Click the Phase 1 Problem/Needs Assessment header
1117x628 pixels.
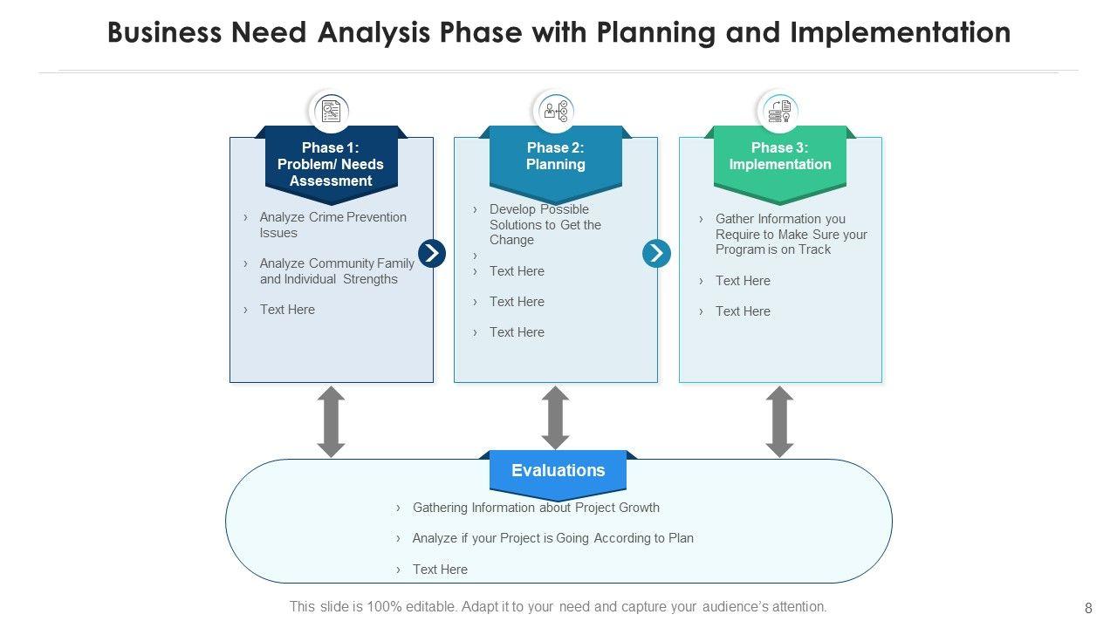click(x=331, y=164)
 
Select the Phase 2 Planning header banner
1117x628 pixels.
click(x=555, y=157)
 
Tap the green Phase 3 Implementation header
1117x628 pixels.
click(x=779, y=157)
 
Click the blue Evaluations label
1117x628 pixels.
click(x=558, y=471)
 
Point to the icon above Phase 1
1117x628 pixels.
click(x=331, y=111)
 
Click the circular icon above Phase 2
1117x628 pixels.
click(x=555, y=111)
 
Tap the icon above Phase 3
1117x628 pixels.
click(x=779, y=111)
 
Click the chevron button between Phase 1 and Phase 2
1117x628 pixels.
click(x=432, y=253)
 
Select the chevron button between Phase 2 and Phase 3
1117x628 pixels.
click(x=656, y=253)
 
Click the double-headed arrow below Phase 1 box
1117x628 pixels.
click(x=331, y=421)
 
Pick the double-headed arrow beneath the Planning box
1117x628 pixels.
click(x=555, y=419)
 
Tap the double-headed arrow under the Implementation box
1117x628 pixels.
click(x=779, y=421)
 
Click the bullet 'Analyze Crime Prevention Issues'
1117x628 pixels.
click(x=332, y=225)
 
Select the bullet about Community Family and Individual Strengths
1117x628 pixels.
click(x=336, y=271)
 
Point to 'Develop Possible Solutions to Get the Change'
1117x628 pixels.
click(x=545, y=224)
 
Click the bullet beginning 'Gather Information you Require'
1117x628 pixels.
click(x=791, y=234)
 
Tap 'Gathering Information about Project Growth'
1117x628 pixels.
click(x=536, y=508)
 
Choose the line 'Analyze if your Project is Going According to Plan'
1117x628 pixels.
click(x=552, y=538)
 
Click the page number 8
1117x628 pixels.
click(x=1088, y=608)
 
